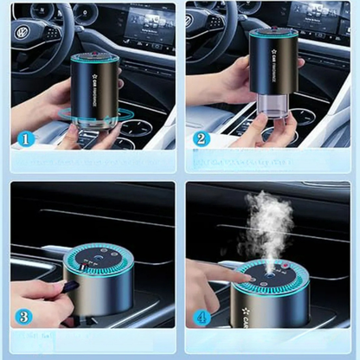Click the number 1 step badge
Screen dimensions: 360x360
(25, 138)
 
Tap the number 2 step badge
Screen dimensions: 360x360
(202, 138)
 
